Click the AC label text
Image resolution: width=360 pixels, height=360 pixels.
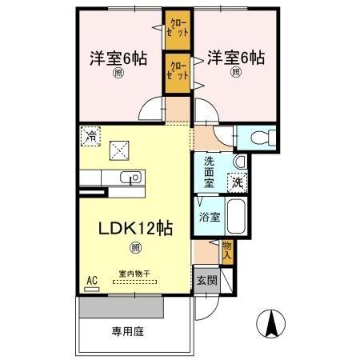point(92,281)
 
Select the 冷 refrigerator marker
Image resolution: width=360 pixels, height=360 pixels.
point(91,137)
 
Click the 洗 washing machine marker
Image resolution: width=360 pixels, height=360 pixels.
point(238,182)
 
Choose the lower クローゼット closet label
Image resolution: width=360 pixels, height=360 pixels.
point(178,70)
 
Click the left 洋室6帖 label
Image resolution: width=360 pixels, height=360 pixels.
point(118,58)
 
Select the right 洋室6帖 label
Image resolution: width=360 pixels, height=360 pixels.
point(236,57)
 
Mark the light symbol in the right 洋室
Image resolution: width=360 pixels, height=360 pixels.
point(236,72)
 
